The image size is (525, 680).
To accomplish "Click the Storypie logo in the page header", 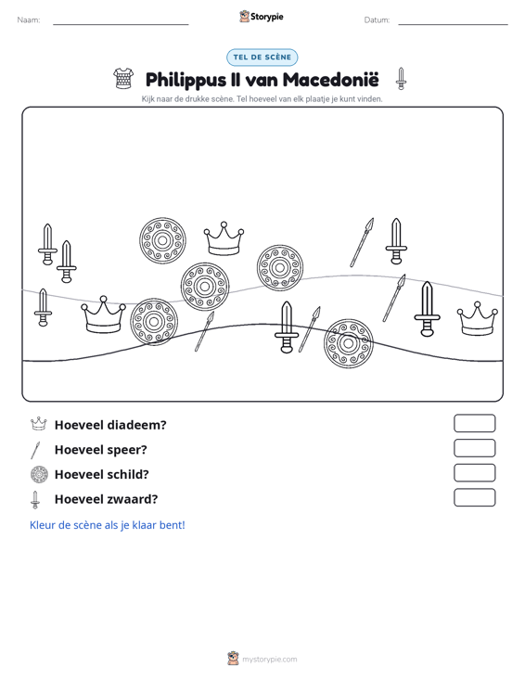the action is point(262,17).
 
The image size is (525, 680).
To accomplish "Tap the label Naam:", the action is point(29,20).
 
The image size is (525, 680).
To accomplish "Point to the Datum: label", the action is point(377,20).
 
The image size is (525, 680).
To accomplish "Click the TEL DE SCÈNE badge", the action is point(262,58).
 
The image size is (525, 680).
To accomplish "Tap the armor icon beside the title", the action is point(123,79).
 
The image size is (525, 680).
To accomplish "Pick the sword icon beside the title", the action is point(401,79).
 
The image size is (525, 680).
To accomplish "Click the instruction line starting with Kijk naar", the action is point(262,99).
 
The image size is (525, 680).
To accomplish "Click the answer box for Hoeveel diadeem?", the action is point(474,423).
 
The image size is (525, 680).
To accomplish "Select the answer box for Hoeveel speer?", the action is point(474,448).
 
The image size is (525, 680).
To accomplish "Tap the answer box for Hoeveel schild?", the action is point(474,473).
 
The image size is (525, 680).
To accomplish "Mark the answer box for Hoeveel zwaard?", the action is point(474,497).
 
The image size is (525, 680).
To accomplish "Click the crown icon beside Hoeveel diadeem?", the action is point(39,424).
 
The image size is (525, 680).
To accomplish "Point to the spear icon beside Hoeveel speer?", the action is point(35,450).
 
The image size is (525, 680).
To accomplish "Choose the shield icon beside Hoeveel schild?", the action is point(39,474).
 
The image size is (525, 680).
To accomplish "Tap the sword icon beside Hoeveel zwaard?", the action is point(35,500).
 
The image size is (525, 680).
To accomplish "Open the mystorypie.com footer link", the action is point(269,660).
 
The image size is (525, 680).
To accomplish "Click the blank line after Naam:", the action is point(121,24).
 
